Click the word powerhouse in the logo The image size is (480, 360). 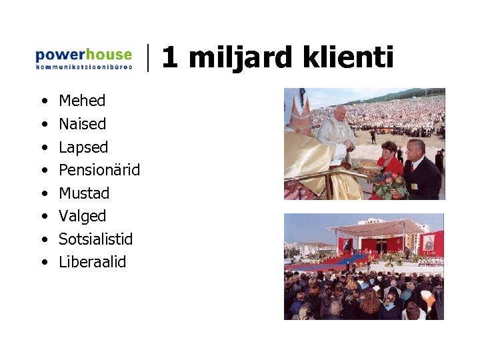[83, 54]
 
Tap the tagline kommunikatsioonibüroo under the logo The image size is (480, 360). [83, 67]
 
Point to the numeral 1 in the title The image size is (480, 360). [169, 58]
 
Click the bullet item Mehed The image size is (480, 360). [82, 101]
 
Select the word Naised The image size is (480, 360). [82, 124]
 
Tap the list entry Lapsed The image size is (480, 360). [83, 147]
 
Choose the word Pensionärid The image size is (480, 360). [99, 170]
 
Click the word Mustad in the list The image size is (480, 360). [84, 193]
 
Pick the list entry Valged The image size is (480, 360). [83, 216]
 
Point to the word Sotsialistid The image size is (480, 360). [96, 239]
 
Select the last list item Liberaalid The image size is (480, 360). [92, 262]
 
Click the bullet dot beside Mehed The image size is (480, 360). [43, 101]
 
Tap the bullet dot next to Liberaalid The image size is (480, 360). [43, 263]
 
